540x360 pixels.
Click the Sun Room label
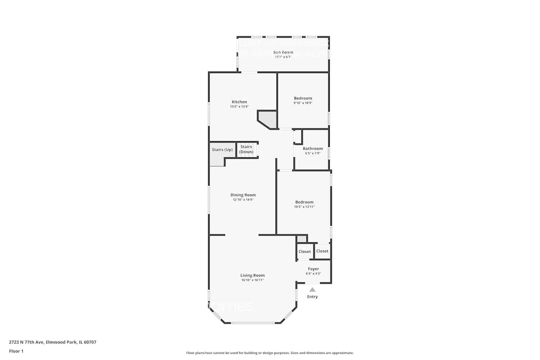283,52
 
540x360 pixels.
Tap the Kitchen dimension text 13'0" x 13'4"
239,107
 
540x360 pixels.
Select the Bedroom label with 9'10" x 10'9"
303,98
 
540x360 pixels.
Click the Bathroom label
312,148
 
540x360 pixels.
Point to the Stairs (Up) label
222,150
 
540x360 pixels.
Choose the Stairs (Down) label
246,149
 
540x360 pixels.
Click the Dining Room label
243,195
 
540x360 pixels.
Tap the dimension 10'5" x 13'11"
304,207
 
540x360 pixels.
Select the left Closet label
305,252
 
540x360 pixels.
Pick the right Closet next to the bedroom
322,251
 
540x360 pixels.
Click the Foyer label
313,269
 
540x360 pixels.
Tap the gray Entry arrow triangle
312,289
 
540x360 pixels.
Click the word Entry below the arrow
312,297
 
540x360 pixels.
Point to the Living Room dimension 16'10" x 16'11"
252,280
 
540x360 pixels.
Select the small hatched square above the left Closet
301,239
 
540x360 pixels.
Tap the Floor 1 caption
16,351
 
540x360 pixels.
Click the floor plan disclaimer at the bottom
270,353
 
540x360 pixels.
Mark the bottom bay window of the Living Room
253,323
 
